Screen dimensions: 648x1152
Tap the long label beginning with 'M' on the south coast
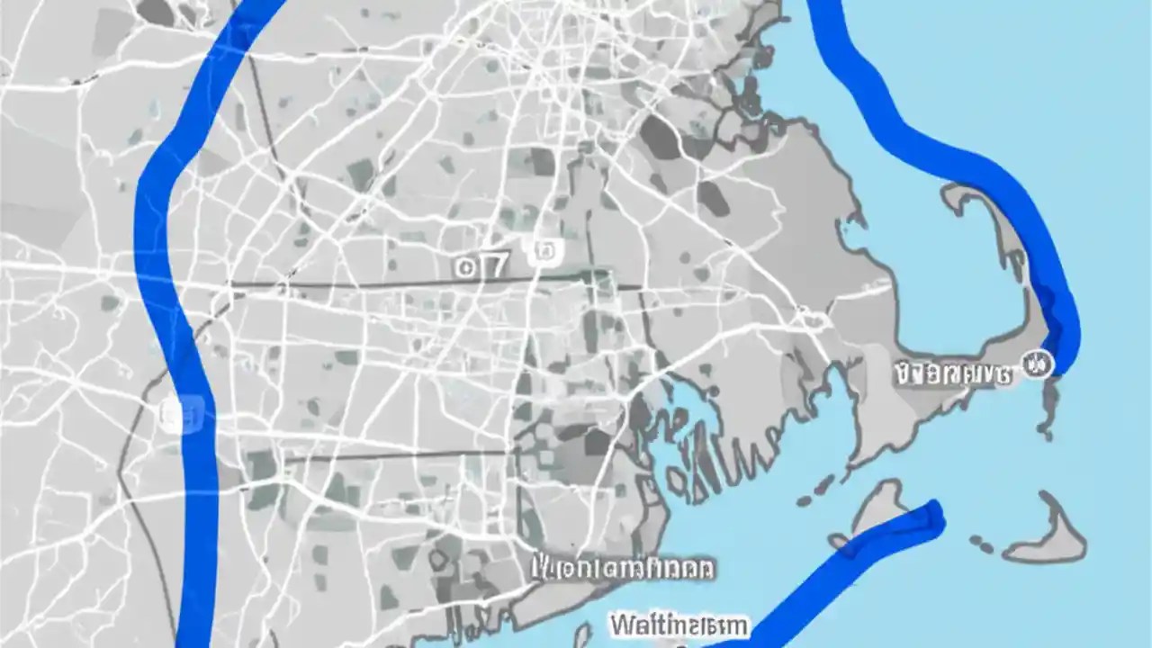(x=624, y=568)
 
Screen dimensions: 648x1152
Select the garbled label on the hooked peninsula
(x=952, y=372)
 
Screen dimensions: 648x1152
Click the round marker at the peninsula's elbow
(x=1038, y=364)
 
